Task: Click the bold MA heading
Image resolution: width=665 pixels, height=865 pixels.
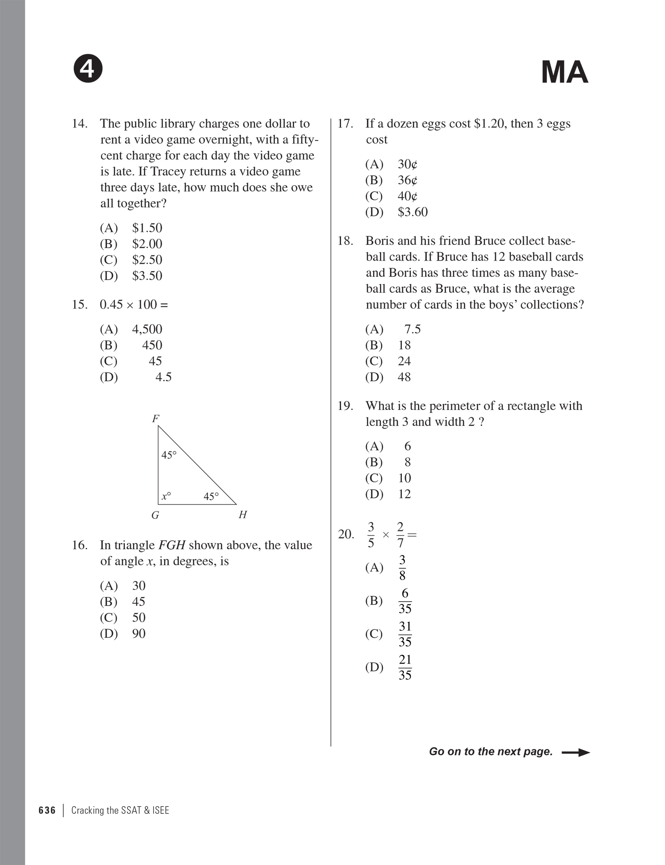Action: [x=564, y=72]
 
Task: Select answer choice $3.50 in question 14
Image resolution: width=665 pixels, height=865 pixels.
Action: [x=147, y=276]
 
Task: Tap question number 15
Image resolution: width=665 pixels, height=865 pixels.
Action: [x=79, y=304]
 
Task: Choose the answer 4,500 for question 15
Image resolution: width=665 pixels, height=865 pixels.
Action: [x=147, y=329]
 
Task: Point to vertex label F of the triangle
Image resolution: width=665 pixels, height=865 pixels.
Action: [x=156, y=418]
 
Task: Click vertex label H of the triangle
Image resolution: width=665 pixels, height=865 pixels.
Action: [x=243, y=515]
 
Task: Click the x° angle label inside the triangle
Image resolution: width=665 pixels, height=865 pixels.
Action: [x=166, y=496]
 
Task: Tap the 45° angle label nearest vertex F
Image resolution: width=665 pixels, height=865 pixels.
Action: [x=169, y=455]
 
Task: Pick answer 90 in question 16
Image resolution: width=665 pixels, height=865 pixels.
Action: [x=139, y=634]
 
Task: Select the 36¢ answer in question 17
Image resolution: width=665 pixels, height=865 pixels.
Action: [x=407, y=180]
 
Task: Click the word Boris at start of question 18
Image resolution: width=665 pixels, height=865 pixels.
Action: [x=380, y=241]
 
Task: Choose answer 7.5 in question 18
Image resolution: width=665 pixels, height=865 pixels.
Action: [x=412, y=329]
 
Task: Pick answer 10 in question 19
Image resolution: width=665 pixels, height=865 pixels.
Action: [x=404, y=478]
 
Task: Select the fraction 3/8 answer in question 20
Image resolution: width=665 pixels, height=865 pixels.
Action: [x=402, y=567]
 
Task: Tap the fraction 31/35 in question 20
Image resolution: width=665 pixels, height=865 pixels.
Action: [x=405, y=634]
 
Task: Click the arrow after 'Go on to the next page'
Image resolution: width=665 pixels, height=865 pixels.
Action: [x=575, y=753]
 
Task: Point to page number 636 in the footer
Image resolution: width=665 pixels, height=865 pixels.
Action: [x=47, y=810]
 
